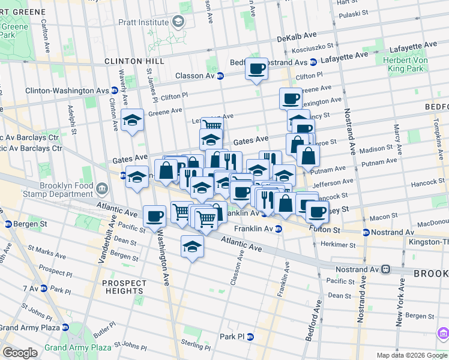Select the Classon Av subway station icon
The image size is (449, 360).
coord(220,76)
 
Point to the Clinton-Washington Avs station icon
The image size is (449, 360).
coord(114,91)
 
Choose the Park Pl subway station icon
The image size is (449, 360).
coord(250,337)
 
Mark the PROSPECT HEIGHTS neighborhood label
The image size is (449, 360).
coord(124,287)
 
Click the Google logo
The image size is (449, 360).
coord(20,353)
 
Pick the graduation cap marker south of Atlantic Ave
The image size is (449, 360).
coord(192,246)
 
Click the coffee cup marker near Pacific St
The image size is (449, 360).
coord(154,215)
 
